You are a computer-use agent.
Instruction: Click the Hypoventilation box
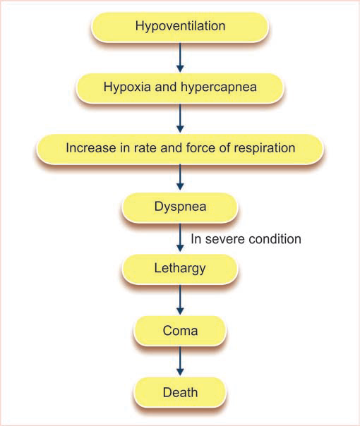180,26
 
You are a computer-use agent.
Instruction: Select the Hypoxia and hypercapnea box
180,87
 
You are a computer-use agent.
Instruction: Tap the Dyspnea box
180,207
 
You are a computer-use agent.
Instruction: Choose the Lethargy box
180,268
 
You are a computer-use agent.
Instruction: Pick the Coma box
180,329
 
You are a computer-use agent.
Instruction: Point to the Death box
180,390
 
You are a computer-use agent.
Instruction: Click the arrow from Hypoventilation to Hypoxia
180,56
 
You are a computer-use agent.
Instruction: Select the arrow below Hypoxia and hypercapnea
180,117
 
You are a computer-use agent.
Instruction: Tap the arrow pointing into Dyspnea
180,178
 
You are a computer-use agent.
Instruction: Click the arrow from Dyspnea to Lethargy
180,238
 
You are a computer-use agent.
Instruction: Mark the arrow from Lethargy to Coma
180,298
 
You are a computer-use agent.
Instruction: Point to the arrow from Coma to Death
180,360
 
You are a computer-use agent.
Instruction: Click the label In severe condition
246,239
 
